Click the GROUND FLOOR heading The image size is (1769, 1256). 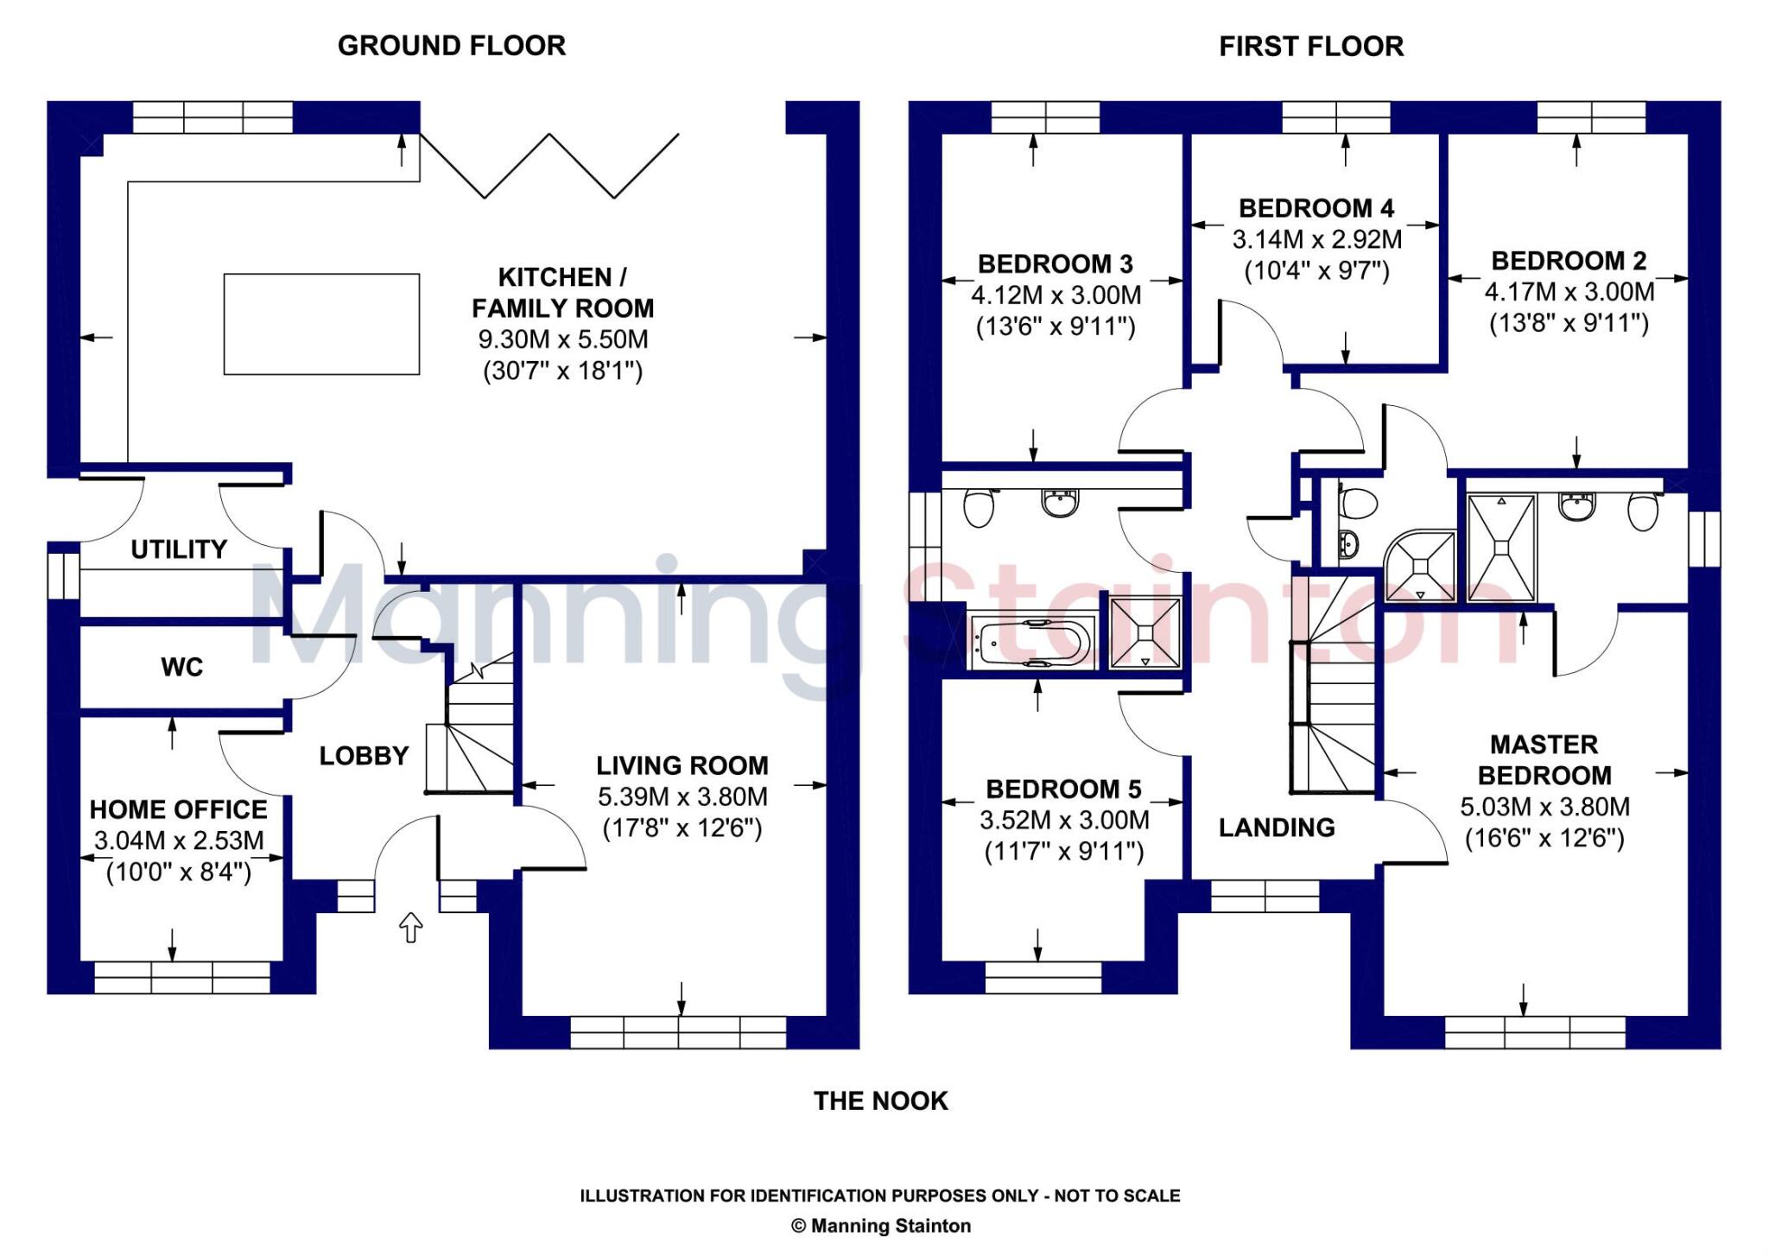click(x=451, y=46)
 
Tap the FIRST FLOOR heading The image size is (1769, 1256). click(x=1310, y=46)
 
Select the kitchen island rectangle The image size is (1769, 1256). click(x=321, y=324)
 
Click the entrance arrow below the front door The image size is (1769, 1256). click(x=410, y=928)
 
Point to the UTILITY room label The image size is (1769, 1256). click(x=179, y=549)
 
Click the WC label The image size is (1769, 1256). click(x=181, y=667)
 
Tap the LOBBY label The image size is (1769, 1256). click(x=364, y=756)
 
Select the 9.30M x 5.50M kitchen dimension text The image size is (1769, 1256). click(x=562, y=339)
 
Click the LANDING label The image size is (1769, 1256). click(x=1276, y=828)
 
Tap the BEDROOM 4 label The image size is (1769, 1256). click(x=1316, y=208)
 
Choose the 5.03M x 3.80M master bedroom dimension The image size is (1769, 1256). click(x=1544, y=807)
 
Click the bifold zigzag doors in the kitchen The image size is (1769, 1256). click(x=549, y=166)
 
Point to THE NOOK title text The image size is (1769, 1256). click(x=880, y=1101)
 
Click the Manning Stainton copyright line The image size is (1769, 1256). click(x=880, y=1226)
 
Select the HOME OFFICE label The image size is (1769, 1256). click(x=179, y=809)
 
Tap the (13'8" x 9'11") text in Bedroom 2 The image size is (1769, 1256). click(x=1569, y=323)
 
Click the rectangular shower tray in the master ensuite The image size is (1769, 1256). click(x=1501, y=548)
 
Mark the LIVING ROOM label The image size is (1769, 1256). click(x=682, y=765)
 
